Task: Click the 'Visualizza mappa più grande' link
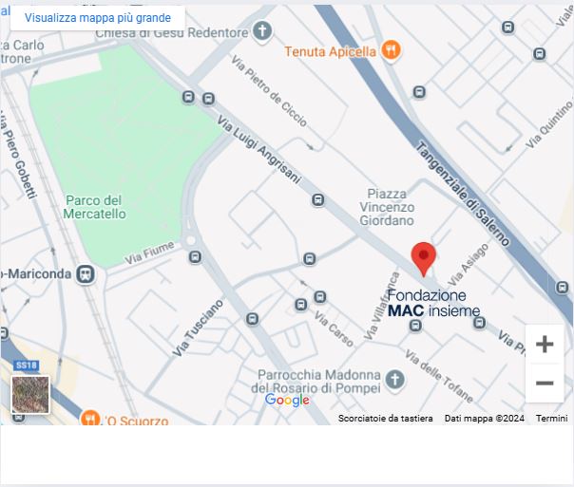coord(98,17)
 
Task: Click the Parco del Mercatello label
coord(95,207)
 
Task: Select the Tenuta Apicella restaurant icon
coord(391,51)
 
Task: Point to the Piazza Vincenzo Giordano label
coord(387,207)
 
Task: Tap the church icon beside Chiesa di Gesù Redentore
coord(262,31)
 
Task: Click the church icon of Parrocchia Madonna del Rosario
coord(394,381)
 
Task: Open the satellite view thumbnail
coord(30,394)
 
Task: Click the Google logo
coord(287,400)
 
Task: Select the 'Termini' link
coord(551,419)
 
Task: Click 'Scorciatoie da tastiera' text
coord(385,419)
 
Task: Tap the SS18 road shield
coord(26,365)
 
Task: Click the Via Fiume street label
coord(149,253)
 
